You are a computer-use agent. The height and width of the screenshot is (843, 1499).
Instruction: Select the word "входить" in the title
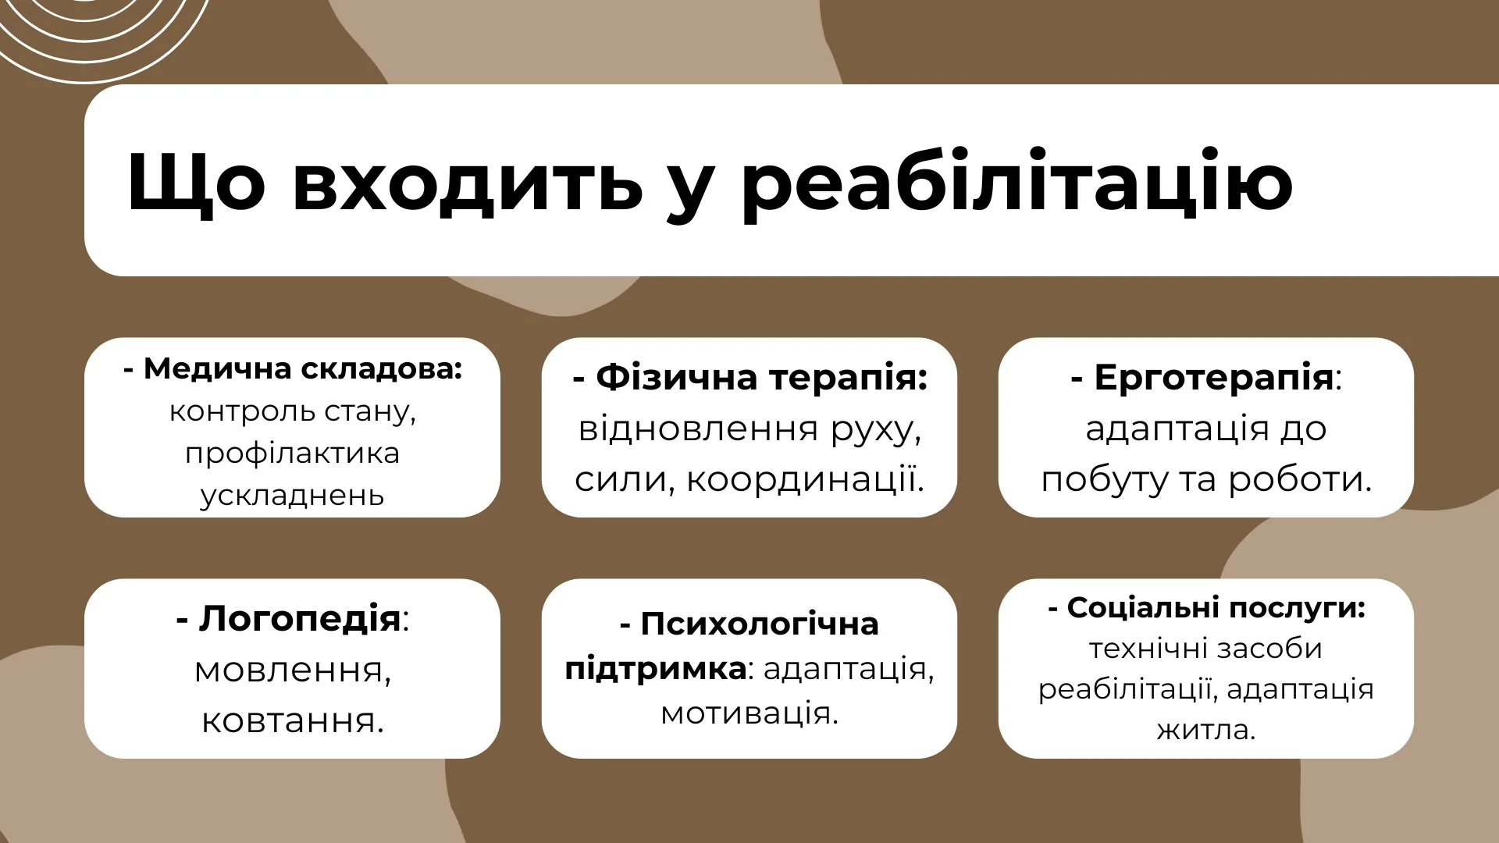coord(467,183)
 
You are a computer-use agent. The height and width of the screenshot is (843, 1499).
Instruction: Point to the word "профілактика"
coord(292,454)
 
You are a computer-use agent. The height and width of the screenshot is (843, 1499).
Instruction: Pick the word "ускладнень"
coord(292,496)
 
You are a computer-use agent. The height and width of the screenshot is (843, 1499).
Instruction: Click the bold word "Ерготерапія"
coord(1213,378)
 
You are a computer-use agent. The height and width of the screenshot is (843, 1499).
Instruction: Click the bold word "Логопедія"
coord(300,620)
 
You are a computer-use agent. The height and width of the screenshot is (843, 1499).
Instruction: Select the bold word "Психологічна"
coord(760,624)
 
